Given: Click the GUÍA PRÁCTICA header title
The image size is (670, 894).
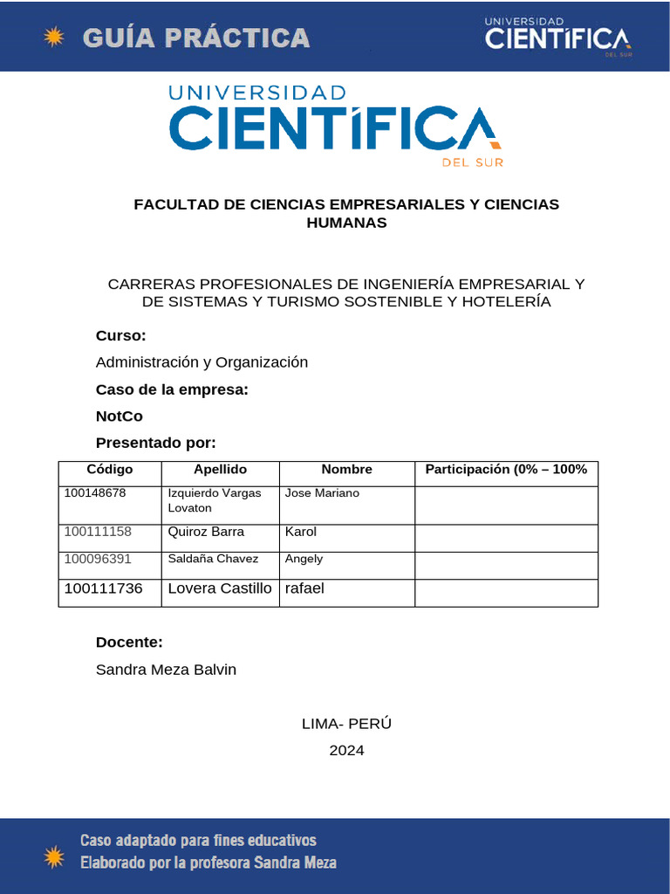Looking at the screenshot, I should [196, 38].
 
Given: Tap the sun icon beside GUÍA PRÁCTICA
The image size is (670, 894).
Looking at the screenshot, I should [54, 37].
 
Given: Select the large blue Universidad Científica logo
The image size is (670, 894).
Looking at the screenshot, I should [336, 125].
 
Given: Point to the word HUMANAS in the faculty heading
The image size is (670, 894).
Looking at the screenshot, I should [346, 223].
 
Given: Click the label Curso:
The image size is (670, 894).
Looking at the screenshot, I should [120, 336].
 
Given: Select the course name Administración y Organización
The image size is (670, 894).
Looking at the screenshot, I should [202, 362].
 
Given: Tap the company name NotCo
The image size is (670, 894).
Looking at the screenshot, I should [119, 416].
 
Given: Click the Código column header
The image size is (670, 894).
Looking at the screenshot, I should [110, 470].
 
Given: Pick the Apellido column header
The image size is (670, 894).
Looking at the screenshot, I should [220, 470].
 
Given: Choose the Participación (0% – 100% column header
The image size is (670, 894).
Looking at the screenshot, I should [506, 470].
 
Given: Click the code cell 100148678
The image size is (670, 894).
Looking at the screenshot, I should [95, 493].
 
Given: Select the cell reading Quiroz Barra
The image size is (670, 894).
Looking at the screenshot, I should [206, 532].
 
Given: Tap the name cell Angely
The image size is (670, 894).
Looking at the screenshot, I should [304, 559].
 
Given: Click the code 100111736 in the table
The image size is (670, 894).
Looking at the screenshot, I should [103, 588].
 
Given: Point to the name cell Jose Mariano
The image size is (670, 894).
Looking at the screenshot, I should [322, 493].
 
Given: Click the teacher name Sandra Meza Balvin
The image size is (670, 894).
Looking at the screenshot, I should [166, 670].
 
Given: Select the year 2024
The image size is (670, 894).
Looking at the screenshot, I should [346, 750].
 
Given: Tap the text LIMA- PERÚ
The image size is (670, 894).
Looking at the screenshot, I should [346, 724].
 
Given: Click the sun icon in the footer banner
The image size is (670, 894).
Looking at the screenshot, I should [54, 856].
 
